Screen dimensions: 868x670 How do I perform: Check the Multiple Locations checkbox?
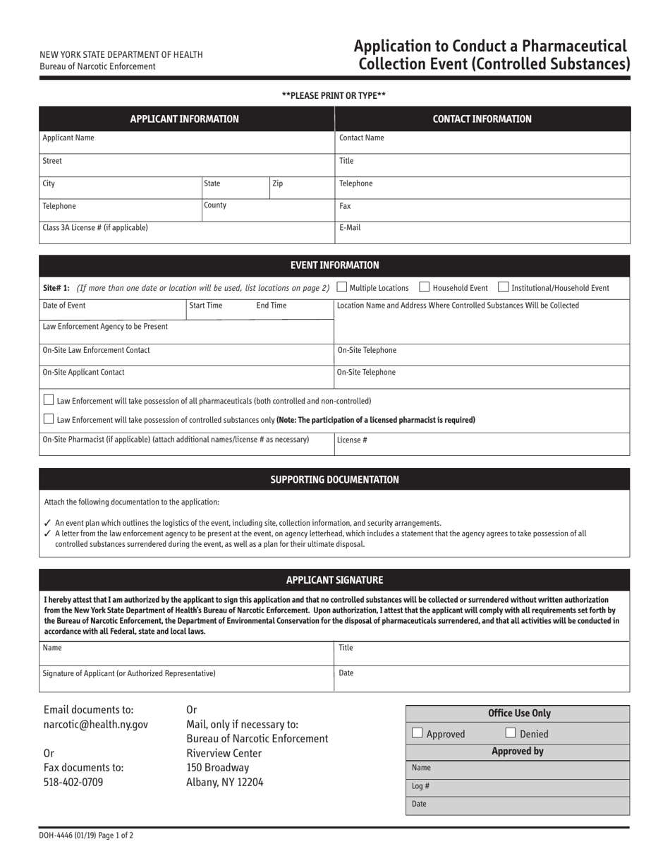(x=342, y=287)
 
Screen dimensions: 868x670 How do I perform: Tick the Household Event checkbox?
(x=425, y=287)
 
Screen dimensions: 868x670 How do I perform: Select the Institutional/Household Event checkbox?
(x=504, y=287)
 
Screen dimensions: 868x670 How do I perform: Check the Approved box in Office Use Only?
(x=418, y=733)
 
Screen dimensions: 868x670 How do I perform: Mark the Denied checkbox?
(x=511, y=733)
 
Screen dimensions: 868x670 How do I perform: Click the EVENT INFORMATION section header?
(x=334, y=265)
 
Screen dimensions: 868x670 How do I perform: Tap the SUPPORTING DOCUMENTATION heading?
(x=334, y=480)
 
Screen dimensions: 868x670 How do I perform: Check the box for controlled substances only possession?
(x=49, y=419)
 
